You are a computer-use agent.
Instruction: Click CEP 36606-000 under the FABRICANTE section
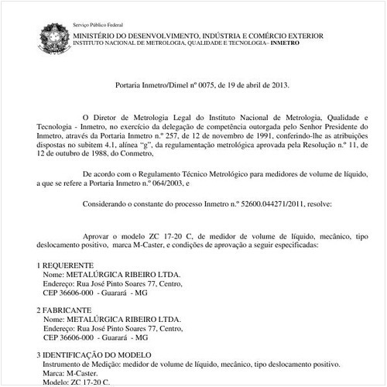point(69,338)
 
